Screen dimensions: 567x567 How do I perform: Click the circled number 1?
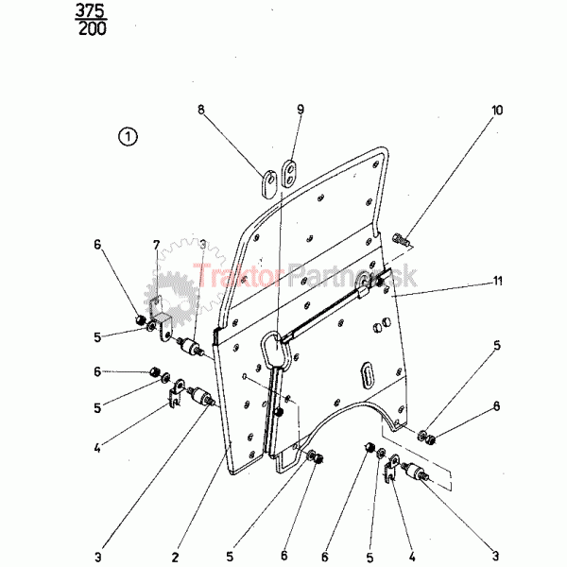coord(128,137)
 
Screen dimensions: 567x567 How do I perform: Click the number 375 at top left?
coord(91,11)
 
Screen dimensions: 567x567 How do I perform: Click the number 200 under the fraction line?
coord(93,29)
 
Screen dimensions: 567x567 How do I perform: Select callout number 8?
coord(201,110)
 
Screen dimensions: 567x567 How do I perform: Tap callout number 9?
coord(301,110)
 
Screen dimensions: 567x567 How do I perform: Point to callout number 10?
coord(497,110)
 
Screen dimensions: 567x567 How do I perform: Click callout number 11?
coord(498,281)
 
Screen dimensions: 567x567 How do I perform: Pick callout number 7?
coord(156,245)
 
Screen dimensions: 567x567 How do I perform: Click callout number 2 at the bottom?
coord(176,557)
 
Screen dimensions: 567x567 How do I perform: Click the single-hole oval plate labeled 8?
coord(268,183)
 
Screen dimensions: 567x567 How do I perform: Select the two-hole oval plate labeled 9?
coord(289,174)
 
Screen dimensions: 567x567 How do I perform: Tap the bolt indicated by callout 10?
coord(401,239)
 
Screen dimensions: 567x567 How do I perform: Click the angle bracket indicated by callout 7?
coord(160,318)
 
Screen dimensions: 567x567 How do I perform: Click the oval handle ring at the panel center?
coord(277,350)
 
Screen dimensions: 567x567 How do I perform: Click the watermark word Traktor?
coord(238,276)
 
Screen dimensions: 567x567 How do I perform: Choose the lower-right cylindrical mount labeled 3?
coord(416,472)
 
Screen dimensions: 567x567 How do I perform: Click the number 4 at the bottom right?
coord(412,557)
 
